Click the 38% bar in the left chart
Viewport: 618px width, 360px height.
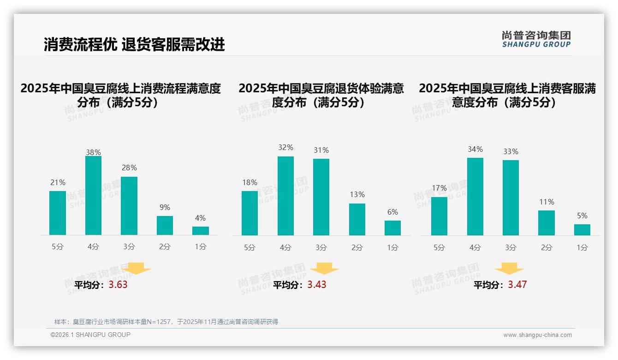(x=93, y=196)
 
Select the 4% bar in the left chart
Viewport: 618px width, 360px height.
(x=201, y=231)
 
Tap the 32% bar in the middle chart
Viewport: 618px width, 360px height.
(x=285, y=196)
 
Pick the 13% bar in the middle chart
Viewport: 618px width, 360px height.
(x=357, y=220)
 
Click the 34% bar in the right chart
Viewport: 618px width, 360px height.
(x=475, y=197)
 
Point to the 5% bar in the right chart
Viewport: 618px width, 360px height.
(x=582, y=230)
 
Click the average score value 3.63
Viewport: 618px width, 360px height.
(x=118, y=285)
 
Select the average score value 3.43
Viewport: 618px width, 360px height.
(x=317, y=285)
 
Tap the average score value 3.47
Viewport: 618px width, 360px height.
(x=517, y=285)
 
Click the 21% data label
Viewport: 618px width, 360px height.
(x=58, y=183)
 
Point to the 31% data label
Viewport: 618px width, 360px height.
(x=321, y=150)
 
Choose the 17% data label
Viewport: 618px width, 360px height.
(x=439, y=188)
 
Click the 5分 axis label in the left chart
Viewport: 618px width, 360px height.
(x=58, y=247)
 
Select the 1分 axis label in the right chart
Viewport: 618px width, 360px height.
(x=582, y=248)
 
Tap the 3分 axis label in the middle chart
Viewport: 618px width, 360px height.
(x=321, y=248)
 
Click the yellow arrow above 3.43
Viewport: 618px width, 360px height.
(x=324, y=268)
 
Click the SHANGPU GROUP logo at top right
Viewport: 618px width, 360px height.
(x=536, y=39)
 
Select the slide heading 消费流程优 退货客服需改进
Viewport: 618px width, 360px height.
(x=134, y=44)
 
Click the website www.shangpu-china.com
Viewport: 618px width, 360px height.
(x=537, y=335)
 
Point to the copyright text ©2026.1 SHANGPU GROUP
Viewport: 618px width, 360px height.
(x=90, y=335)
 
